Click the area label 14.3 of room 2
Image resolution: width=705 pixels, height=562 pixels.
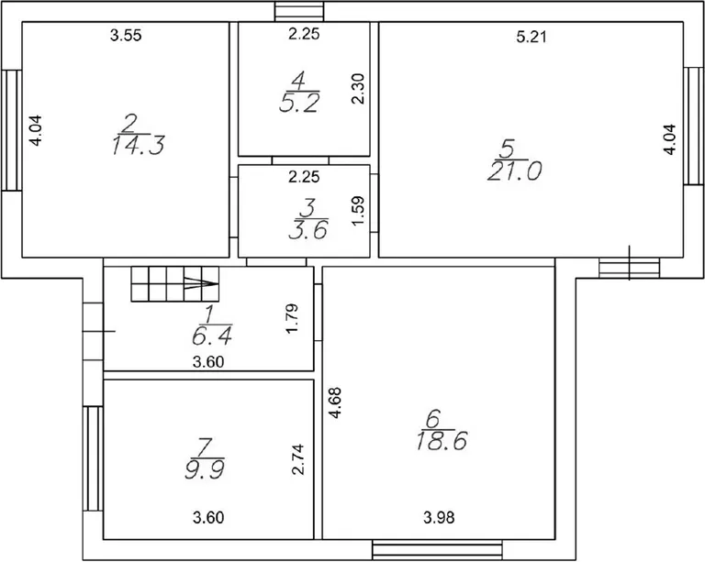pos(138,146)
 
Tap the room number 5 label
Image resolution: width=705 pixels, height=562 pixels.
pos(508,149)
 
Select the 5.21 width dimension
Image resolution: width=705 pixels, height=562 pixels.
pos(532,37)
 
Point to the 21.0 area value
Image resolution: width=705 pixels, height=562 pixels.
pos(514,171)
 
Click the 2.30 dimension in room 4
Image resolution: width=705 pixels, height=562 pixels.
pos(358,89)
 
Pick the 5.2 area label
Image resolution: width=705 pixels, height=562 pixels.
pos(299,104)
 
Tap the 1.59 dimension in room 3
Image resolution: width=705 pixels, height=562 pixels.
pos(358,211)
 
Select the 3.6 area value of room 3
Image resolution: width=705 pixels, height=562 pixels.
pos(308,230)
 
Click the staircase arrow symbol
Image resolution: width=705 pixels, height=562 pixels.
pos(201,283)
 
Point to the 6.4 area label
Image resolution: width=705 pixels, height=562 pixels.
pos(212,336)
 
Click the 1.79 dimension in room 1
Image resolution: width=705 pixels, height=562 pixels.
pos(292,319)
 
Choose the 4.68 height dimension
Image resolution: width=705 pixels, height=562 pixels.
pos(335,403)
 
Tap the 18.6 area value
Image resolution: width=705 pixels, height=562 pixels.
pos(442,441)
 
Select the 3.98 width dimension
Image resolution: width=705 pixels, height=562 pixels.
pos(439,518)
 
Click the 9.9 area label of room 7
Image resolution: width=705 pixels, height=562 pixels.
pos(205,470)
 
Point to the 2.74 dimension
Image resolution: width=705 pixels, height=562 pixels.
pos(298,459)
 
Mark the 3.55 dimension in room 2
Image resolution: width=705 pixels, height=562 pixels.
pos(126,35)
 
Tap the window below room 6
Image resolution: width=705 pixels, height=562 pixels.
pos(438,550)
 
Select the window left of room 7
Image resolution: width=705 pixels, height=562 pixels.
pos(93,458)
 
